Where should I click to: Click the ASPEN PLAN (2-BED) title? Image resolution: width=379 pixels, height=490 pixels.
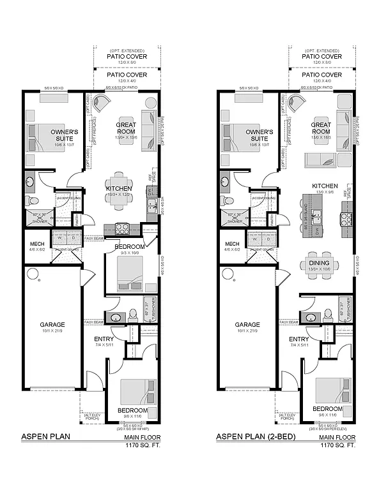[x=255, y=438]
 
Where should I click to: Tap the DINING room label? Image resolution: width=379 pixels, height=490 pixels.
[x=320, y=262]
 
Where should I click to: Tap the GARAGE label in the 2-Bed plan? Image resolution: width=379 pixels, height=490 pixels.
[x=247, y=324]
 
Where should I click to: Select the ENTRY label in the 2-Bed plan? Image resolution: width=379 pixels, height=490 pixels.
[x=298, y=339]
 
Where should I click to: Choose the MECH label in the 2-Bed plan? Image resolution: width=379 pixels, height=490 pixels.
[x=232, y=245]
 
